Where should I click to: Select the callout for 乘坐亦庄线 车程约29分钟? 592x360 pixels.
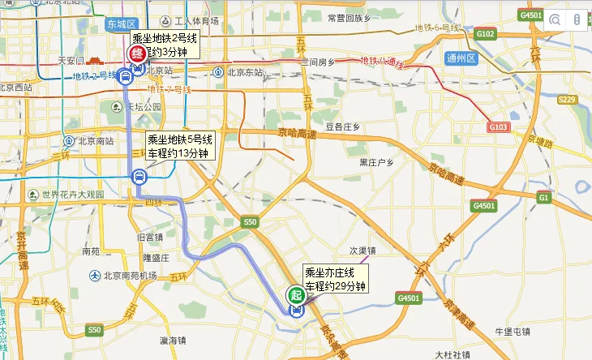[335, 280]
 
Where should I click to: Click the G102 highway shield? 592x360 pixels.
[486, 34]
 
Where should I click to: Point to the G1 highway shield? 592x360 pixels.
[543, 198]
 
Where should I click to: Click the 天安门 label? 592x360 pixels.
[71, 61]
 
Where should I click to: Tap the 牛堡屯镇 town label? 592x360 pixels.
[512, 331]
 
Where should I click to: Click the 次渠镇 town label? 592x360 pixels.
[362, 250]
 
